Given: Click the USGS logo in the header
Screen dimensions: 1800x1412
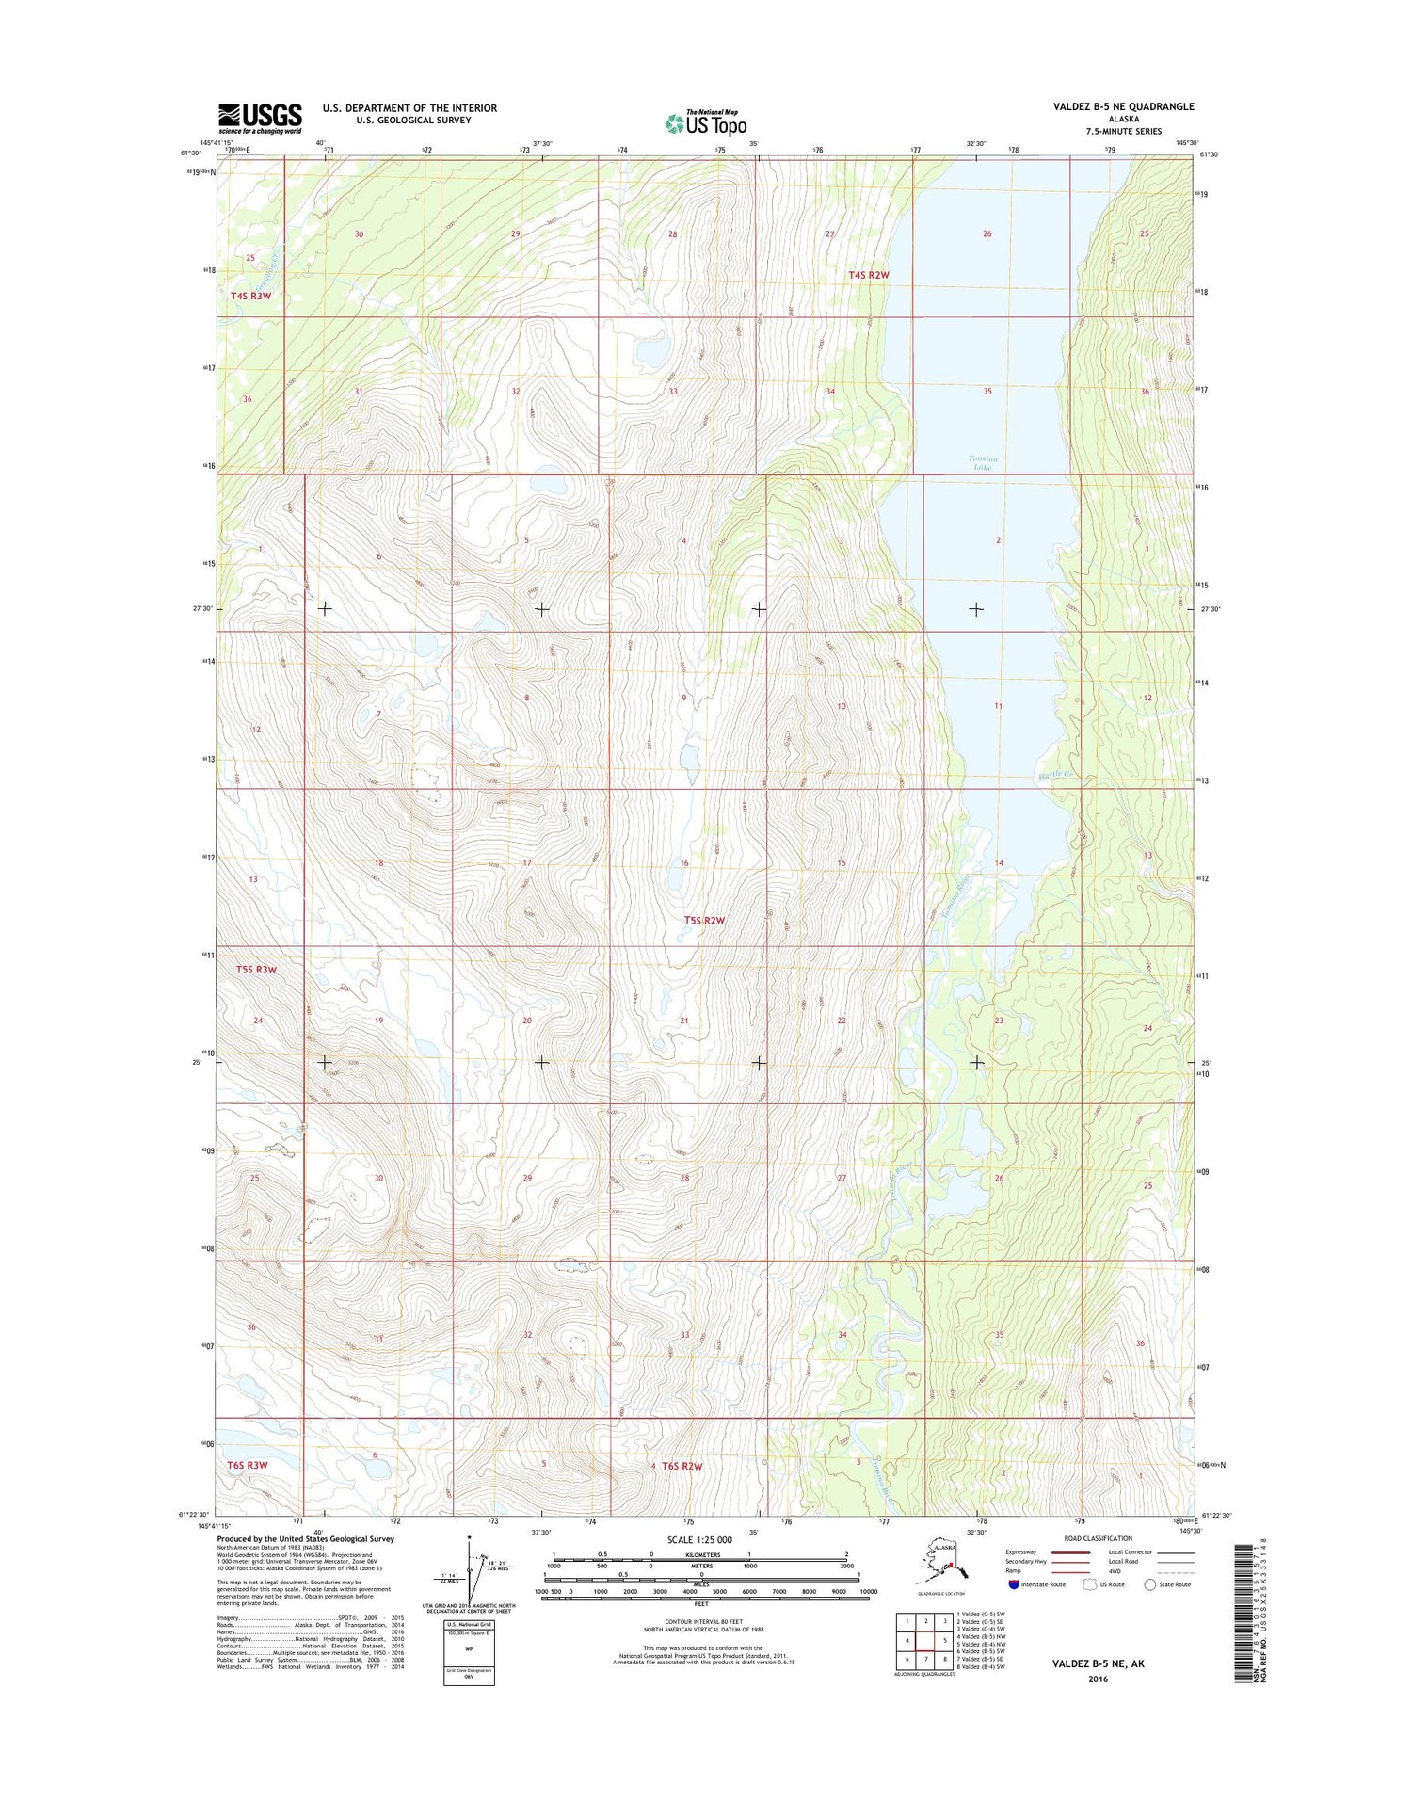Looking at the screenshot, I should (x=260, y=119).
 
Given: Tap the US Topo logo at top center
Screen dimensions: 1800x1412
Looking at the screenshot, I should (x=706, y=122).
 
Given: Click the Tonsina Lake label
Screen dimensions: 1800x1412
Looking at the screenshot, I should (x=982, y=462).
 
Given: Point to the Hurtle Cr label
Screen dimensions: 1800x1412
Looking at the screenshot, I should (x=1055, y=774).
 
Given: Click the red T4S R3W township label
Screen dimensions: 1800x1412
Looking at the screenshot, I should (x=250, y=296).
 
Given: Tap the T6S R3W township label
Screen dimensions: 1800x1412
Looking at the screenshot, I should (x=248, y=1465).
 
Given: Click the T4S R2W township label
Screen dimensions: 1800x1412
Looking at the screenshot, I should (x=868, y=275).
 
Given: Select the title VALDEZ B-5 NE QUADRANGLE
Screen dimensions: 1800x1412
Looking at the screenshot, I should (x=1123, y=106).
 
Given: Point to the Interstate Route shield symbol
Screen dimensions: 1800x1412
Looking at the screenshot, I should (x=1013, y=1584).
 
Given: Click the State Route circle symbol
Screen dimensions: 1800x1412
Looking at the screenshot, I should (x=1149, y=1584).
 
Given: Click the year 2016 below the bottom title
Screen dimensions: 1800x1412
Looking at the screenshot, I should (x=1098, y=1679).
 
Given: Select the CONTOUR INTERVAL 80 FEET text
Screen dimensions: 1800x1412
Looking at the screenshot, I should (x=700, y=1622).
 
